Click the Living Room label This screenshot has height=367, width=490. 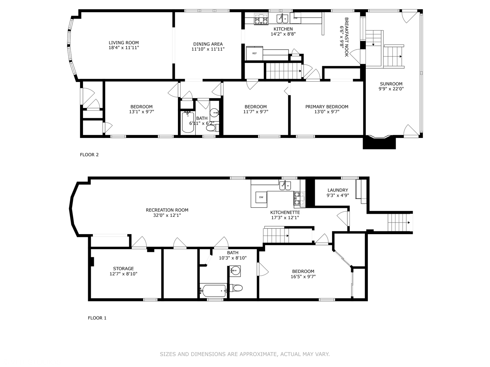(124, 43)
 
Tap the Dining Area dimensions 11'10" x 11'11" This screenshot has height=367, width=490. (208, 49)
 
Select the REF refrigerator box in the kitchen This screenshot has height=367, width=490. (254, 53)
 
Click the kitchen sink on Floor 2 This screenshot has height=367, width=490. (282, 18)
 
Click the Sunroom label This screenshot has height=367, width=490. (391, 84)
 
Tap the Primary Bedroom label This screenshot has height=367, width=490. (327, 107)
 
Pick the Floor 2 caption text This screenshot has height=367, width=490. (89, 155)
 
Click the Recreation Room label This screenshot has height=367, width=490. (167, 210)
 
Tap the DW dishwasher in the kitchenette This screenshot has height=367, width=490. (261, 197)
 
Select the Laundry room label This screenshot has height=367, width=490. (338, 190)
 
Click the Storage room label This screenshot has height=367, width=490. (123, 268)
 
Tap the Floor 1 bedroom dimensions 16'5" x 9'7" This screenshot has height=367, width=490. (303, 277)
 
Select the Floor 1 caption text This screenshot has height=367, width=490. (97, 318)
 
